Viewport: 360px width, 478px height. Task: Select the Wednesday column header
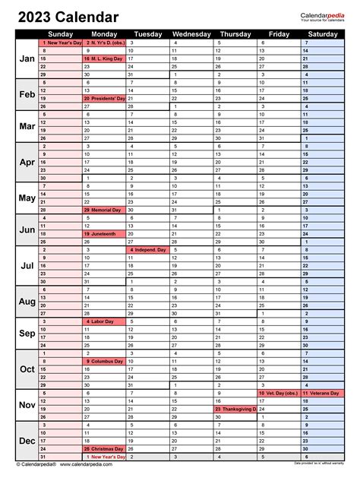(191, 34)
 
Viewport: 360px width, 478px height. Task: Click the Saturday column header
(324, 34)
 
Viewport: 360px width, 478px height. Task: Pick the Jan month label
(27, 59)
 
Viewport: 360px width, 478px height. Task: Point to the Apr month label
(27, 162)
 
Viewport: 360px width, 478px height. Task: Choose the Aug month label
(27, 302)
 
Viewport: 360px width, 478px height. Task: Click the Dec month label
(27, 441)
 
